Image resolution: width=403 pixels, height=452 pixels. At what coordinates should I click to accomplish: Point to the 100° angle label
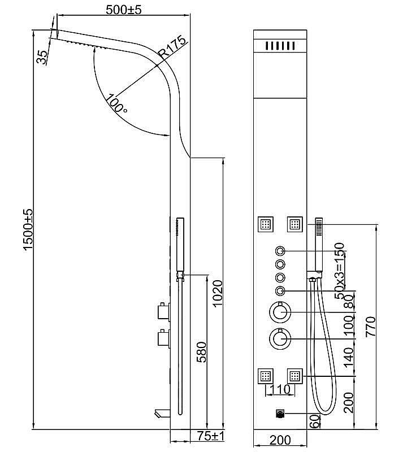click(115, 104)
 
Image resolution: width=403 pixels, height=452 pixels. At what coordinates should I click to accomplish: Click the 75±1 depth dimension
click(211, 437)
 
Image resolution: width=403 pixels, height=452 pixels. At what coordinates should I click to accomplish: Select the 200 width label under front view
click(280, 440)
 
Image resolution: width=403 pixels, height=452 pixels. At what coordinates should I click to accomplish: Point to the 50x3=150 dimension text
click(339, 271)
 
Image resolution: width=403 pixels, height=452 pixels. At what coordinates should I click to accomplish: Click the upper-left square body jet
click(266, 224)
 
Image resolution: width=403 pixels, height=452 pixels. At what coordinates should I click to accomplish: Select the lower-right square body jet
click(295, 376)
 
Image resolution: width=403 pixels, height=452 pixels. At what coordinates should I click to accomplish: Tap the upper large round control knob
click(280, 312)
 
